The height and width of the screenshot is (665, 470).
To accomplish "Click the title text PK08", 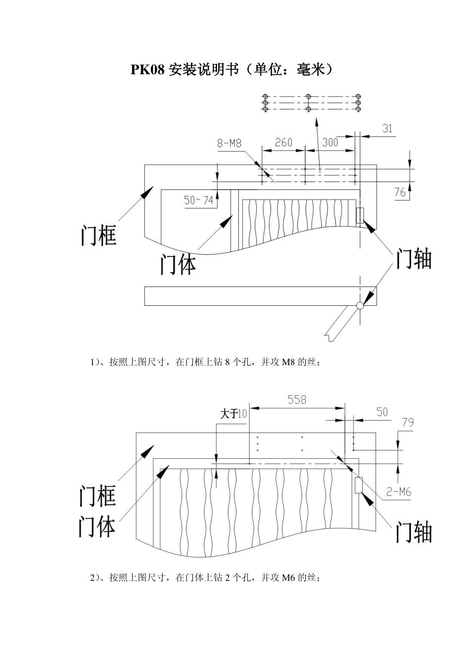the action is click(x=147, y=70).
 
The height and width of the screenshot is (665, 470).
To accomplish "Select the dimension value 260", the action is click(x=283, y=142).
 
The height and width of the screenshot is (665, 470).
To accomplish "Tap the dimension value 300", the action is click(x=330, y=142).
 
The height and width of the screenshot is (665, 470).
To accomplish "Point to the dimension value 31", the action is click(x=387, y=128).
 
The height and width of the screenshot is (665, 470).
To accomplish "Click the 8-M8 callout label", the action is click(x=229, y=143).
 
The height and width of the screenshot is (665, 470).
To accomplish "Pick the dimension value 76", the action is click(x=400, y=192).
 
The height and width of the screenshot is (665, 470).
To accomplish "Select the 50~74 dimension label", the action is click(x=198, y=200).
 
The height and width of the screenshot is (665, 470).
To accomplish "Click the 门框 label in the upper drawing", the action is click(x=98, y=235).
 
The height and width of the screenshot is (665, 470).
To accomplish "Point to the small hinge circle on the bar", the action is click(x=360, y=305).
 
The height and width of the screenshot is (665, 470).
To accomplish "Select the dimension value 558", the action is click(x=297, y=400).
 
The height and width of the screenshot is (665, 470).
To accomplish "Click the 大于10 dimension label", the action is click(x=234, y=414).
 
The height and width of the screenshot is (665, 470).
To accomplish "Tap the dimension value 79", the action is click(x=408, y=423).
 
